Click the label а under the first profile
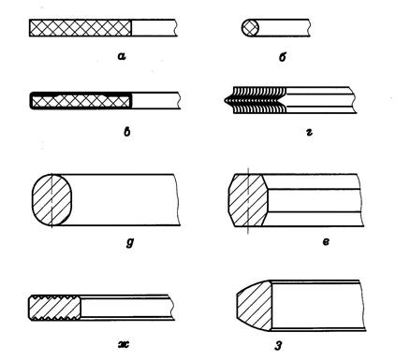click(122, 56)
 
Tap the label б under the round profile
click(282, 57)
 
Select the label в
click(127, 132)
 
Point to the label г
click(309, 132)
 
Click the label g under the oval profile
click(130, 242)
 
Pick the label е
click(326, 241)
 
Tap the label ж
click(124, 344)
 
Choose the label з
click(278, 346)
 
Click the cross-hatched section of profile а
click(81, 28)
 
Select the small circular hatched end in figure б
click(250, 28)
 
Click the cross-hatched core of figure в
click(81, 101)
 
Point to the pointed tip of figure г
click(225, 100)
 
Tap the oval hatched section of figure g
click(52, 200)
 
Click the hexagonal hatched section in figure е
click(248, 200)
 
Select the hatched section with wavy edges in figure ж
click(54, 308)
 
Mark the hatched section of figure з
click(255, 306)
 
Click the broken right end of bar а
click(177, 28)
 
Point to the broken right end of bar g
click(177, 200)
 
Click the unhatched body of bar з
click(317, 306)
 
